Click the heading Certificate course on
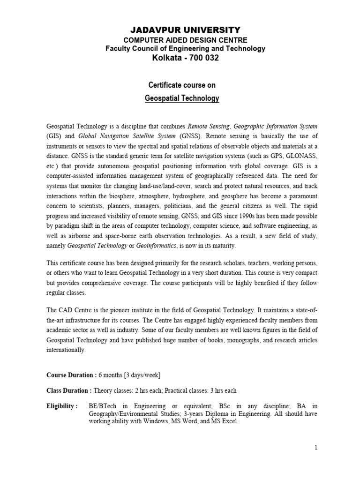[x=181, y=85]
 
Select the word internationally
[x=66, y=350]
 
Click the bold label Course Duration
[x=71, y=375]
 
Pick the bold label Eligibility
[x=62, y=405]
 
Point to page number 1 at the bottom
[x=316, y=448]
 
